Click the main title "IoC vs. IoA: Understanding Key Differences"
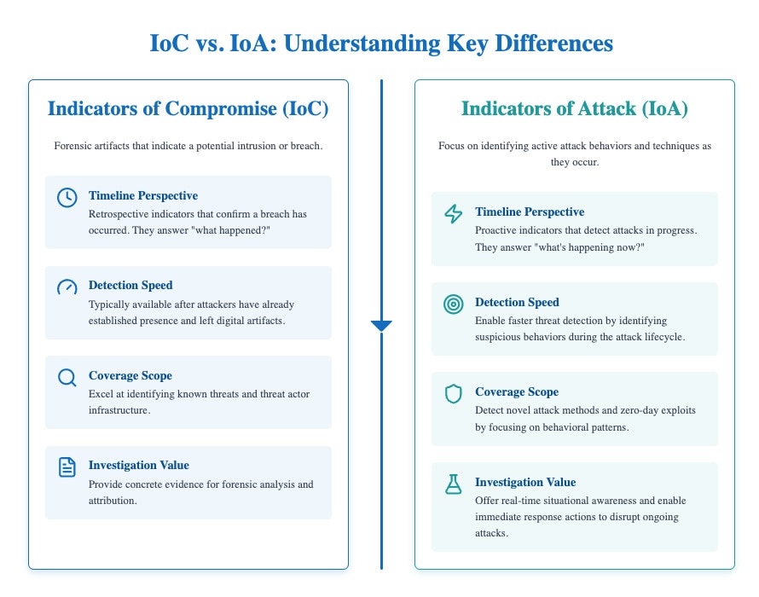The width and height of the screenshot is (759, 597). pyautogui.click(x=379, y=43)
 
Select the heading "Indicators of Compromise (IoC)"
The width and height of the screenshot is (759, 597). pyautogui.click(x=188, y=108)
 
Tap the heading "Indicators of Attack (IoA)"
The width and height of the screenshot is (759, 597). pyautogui.click(x=574, y=108)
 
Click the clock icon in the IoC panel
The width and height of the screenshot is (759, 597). pyautogui.click(x=67, y=197)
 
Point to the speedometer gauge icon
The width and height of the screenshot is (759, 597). pyautogui.click(x=67, y=287)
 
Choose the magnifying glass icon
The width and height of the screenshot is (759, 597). pyautogui.click(x=67, y=377)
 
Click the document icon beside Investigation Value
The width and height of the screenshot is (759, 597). pyautogui.click(x=67, y=467)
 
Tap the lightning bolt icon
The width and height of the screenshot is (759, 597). pyautogui.click(x=454, y=213)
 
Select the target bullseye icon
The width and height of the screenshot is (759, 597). pyautogui.click(x=454, y=304)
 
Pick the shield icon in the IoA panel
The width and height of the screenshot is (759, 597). pyautogui.click(x=454, y=393)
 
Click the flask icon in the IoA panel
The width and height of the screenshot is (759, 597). pyautogui.click(x=454, y=484)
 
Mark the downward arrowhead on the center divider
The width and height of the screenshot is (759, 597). pyautogui.click(x=381, y=325)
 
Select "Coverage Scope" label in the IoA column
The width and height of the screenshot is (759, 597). pyautogui.click(x=517, y=392)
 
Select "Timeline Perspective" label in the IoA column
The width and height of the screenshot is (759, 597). pyautogui.click(x=530, y=212)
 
